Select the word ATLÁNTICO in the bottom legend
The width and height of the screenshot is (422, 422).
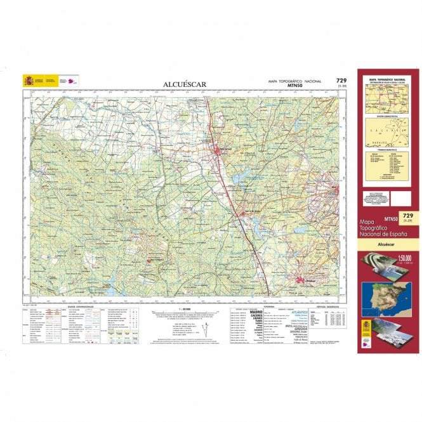300,312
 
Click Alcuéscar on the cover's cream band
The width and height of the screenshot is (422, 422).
386,243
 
